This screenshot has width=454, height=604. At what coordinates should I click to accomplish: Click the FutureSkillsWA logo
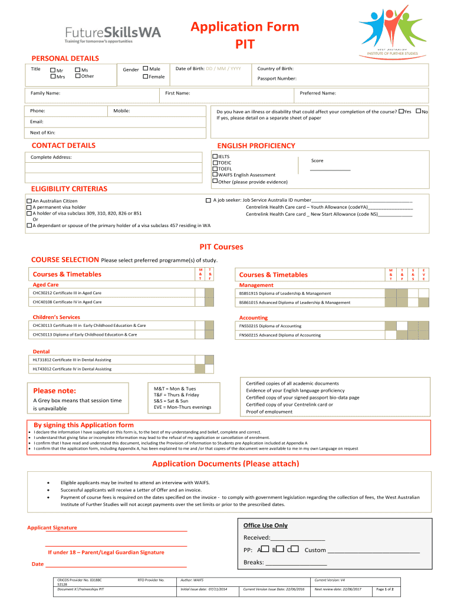click(x=112, y=35)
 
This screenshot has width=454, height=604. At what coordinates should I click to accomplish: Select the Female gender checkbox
click(x=146, y=77)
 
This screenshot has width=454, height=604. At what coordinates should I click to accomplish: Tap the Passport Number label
click(x=277, y=78)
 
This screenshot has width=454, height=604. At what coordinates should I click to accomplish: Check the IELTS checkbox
click(x=215, y=156)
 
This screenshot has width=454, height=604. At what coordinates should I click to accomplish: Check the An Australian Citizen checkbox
click(x=29, y=201)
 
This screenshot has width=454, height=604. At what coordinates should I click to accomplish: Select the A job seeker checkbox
click(x=208, y=201)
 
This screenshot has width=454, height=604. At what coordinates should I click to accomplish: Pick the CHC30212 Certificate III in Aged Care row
click(x=112, y=293)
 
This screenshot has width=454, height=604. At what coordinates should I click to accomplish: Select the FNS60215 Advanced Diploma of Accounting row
click(x=309, y=335)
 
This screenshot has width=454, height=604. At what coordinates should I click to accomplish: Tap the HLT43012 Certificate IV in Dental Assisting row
click(x=112, y=369)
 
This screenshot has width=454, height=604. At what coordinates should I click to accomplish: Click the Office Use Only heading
click(x=265, y=525)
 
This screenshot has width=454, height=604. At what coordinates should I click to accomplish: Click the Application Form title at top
click(x=244, y=27)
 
